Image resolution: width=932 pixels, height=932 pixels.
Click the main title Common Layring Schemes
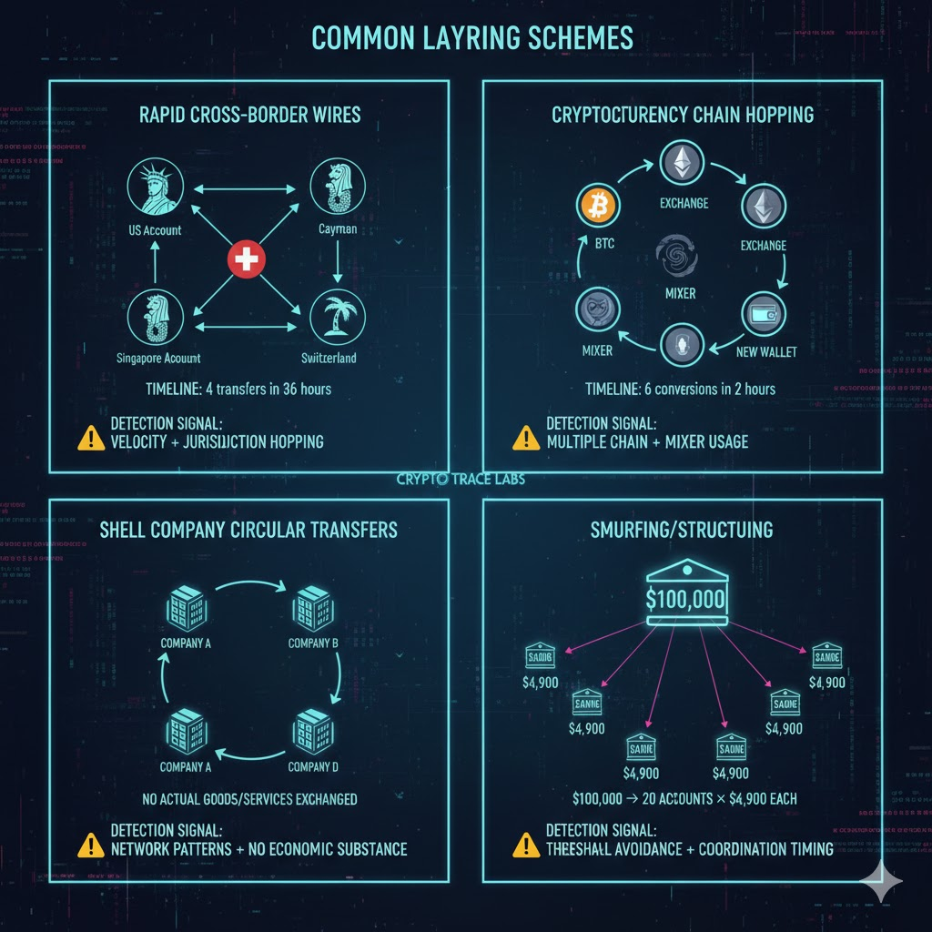[x=472, y=37]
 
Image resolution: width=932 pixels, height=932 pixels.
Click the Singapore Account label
[x=159, y=359]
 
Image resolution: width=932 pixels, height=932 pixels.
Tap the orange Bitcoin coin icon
[x=597, y=207]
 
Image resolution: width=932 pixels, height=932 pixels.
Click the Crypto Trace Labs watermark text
[x=461, y=480]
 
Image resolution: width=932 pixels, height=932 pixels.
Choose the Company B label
[x=313, y=643]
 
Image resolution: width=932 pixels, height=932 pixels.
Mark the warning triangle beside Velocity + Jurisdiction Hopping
[x=92, y=438]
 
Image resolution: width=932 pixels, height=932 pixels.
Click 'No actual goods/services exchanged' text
[x=248, y=799]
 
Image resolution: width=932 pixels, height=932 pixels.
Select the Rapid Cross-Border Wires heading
[x=249, y=116]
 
